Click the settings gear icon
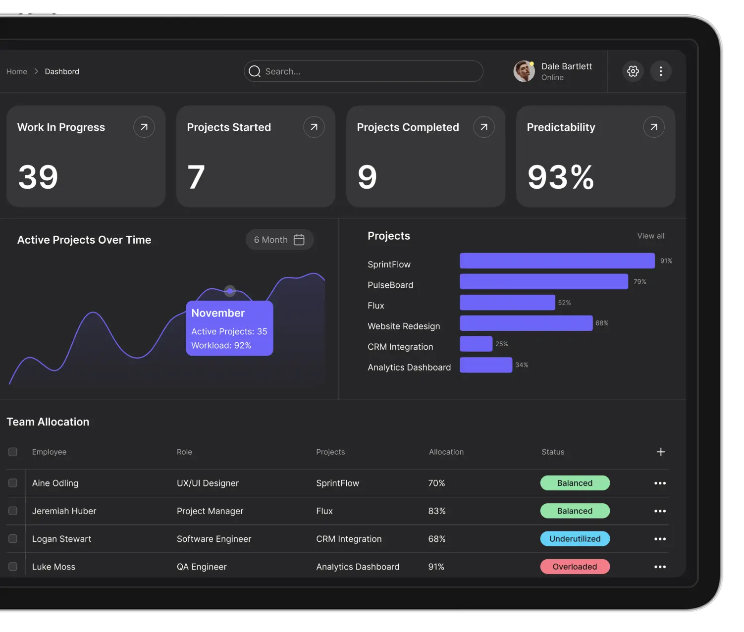coord(633,71)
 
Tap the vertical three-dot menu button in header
coord(660,71)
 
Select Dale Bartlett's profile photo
coord(524,71)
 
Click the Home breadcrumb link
coord(17,71)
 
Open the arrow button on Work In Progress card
coord(144,127)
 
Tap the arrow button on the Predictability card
coord(653,127)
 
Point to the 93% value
coord(560,177)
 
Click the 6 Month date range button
coord(279,240)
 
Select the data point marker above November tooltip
coord(230,291)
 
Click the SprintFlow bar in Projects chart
coord(557,261)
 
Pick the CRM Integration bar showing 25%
coord(476,344)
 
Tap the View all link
coord(650,236)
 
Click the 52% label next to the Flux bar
coord(564,303)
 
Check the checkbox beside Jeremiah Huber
coord(13,511)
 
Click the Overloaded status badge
coord(575,567)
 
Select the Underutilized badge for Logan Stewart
coord(575,539)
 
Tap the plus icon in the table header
coord(660,452)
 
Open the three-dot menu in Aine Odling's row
coord(660,483)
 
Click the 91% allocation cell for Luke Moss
coord(436,567)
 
